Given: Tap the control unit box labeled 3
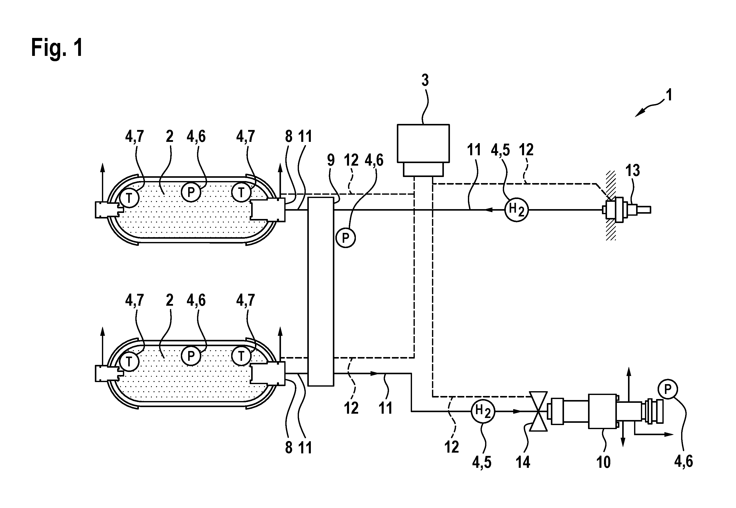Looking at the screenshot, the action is (423, 150).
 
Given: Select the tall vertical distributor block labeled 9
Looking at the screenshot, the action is (321, 291).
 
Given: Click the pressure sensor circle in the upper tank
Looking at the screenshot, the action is (191, 192).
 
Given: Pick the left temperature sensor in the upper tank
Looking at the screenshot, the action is (129, 198).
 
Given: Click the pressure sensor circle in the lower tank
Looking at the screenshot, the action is (191, 356).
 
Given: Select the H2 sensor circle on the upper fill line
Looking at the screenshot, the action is (516, 210).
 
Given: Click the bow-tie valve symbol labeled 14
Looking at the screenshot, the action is (538, 411).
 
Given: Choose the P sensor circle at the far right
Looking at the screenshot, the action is (668, 389).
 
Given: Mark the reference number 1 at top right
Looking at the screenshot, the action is (669, 95).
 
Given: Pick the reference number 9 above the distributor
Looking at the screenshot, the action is (331, 160).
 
